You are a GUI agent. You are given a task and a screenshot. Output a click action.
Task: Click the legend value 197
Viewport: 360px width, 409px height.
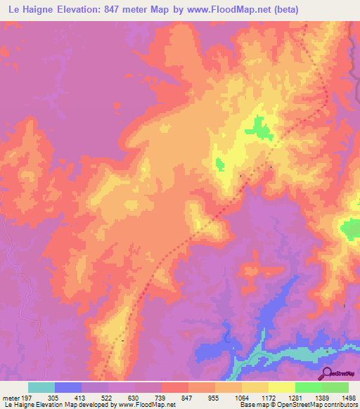(25, 397)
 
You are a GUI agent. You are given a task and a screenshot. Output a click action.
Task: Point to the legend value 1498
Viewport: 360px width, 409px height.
(340, 397)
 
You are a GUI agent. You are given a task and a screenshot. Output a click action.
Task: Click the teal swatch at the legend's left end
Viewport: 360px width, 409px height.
(41, 387)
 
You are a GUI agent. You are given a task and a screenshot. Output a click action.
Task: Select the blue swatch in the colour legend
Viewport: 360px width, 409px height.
(68, 387)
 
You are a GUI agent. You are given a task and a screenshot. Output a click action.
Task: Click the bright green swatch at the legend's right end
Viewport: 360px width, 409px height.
(335, 387)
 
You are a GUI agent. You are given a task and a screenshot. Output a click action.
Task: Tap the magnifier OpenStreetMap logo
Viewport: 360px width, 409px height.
(326, 374)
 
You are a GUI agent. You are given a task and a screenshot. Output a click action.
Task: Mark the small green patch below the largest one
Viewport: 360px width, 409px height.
(220, 164)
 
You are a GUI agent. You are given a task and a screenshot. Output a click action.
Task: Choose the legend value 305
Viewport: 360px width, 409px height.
(44, 397)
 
